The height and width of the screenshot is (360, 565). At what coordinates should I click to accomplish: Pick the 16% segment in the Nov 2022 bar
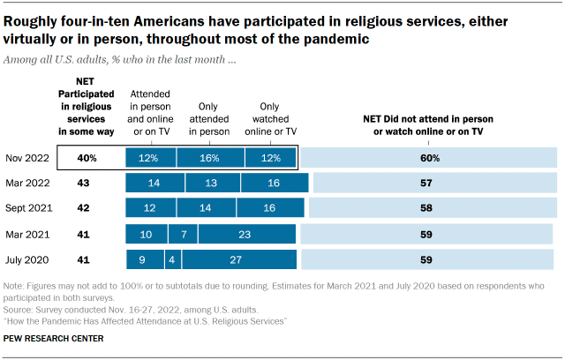point(207,158)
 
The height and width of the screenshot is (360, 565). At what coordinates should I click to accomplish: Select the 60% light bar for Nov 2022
point(430,158)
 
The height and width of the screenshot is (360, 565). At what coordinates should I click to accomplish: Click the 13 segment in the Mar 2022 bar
point(212,183)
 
